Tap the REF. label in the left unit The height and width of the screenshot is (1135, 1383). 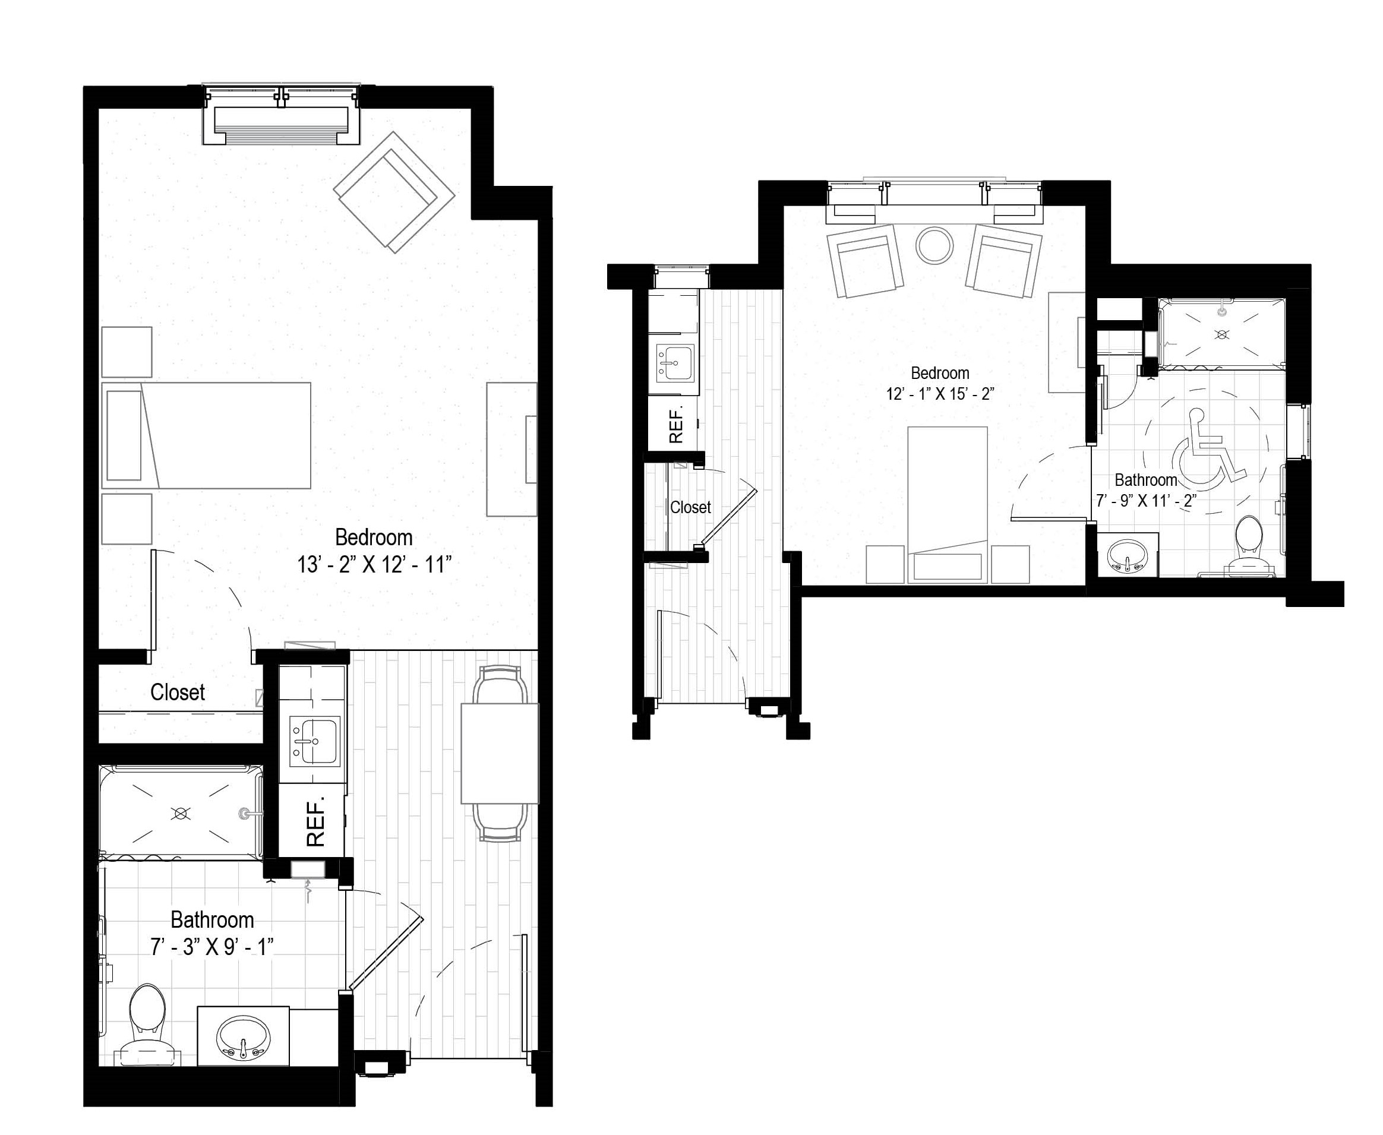(315, 823)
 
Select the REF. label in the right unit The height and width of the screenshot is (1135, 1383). (676, 423)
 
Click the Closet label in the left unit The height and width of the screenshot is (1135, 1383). (177, 693)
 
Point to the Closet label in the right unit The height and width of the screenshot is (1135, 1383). (690, 507)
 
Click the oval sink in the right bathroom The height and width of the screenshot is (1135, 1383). (1127, 556)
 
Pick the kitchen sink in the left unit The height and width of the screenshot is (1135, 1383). (314, 741)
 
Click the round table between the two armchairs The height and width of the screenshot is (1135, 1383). (934, 245)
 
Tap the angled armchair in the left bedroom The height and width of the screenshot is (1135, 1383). (394, 192)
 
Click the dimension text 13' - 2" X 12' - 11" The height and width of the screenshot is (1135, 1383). (375, 565)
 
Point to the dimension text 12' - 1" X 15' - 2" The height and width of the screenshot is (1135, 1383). (940, 394)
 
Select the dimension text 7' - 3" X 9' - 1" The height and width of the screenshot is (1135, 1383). (212, 947)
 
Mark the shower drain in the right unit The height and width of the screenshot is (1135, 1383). (1221, 335)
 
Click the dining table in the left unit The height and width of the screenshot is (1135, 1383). (500, 753)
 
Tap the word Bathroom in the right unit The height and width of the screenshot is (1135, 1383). (1145, 480)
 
